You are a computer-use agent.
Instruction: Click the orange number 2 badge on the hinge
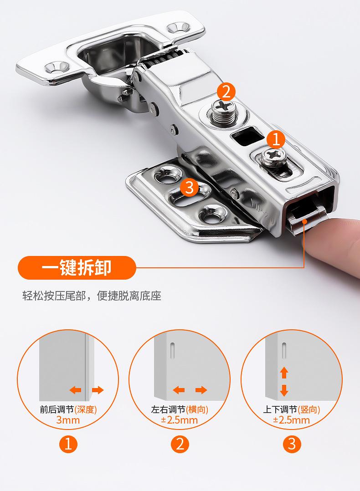(226, 92)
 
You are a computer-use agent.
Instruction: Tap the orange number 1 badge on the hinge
(276, 139)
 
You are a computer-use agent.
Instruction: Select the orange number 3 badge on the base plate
(189, 188)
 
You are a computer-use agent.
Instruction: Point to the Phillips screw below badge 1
(273, 157)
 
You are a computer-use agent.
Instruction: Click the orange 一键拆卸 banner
(77, 268)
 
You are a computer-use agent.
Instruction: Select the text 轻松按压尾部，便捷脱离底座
(92, 296)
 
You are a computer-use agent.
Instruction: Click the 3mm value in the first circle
(68, 420)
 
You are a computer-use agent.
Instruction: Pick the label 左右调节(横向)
(180, 409)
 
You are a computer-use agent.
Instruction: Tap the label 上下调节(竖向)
(291, 409)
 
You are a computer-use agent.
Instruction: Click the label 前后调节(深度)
(68, 409)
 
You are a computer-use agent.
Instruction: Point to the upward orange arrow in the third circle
(284, 373)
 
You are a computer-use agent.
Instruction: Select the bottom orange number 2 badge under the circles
(180, 444)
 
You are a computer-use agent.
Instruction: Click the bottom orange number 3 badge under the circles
(292, 444)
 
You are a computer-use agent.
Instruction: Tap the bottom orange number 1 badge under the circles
(68, 444)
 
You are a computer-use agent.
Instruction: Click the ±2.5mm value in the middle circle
(180, 420)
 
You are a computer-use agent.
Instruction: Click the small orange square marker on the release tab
(304, 221)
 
